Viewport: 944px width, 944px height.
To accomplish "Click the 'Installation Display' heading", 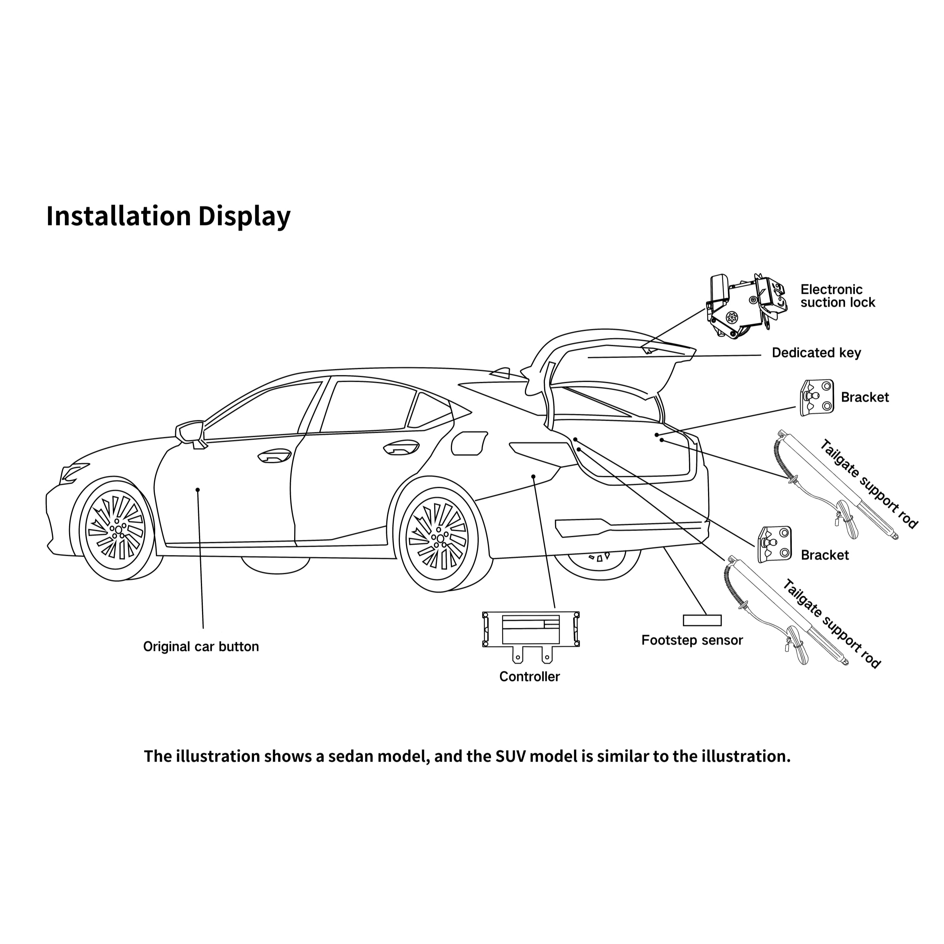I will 168,216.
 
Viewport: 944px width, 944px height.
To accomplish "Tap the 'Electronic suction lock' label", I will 837,296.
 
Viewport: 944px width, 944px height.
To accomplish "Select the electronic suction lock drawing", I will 746,306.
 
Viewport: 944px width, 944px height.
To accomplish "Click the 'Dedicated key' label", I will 816,353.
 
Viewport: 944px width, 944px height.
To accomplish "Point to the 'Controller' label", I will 529,677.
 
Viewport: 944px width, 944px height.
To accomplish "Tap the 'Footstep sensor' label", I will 692,640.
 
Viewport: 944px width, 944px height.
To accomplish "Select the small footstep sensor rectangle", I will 702,620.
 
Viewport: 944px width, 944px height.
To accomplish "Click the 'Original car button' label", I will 201,646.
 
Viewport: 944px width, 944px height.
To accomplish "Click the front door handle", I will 274,457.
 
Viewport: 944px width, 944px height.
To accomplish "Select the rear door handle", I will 401,447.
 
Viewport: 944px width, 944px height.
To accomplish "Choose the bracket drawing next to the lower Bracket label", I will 774,545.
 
